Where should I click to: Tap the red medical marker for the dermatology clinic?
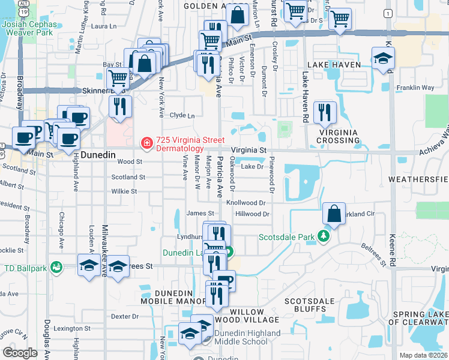click(146, 143)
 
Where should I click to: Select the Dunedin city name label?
click(97, 154)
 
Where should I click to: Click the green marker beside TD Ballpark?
click(57, 266)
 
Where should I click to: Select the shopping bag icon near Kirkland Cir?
click(334, 214)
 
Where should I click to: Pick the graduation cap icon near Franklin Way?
click(382, 59)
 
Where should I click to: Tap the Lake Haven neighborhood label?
click(334, 65)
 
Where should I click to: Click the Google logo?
click(20, 353)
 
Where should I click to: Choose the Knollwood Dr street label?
click(246, 203)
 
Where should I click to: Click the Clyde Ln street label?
click(182, 115)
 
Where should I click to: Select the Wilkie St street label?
click(124, 191)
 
